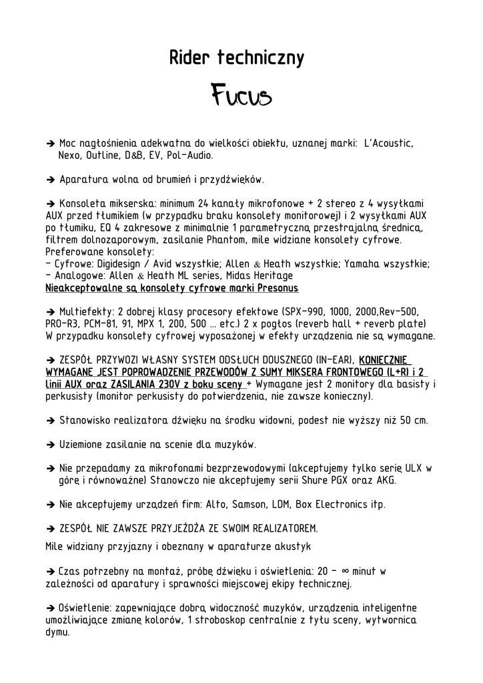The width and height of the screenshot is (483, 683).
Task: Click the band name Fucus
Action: [241, 96]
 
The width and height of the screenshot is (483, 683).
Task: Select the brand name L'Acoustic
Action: [389, 143]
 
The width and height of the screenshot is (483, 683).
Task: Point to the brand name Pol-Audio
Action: [190, 155]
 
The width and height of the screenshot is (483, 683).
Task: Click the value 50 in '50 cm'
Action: [400, 421]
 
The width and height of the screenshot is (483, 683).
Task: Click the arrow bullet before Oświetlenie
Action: [50, 608]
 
